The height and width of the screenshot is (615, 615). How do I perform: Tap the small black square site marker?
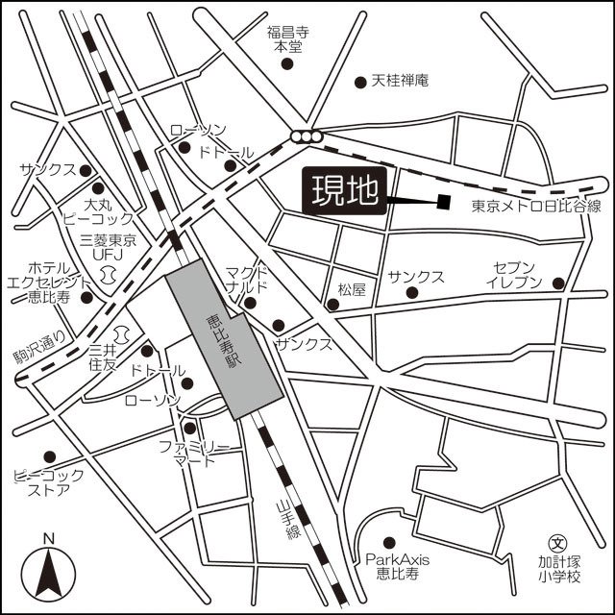point(443,201)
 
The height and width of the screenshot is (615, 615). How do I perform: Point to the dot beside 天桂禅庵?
point(359,82)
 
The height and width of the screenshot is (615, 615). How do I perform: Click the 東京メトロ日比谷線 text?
point(536,207)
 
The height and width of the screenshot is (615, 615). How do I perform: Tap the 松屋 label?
point(353,289)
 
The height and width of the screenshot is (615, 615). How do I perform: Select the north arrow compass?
point(48,572)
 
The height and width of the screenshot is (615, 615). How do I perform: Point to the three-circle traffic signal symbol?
point(307,136)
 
